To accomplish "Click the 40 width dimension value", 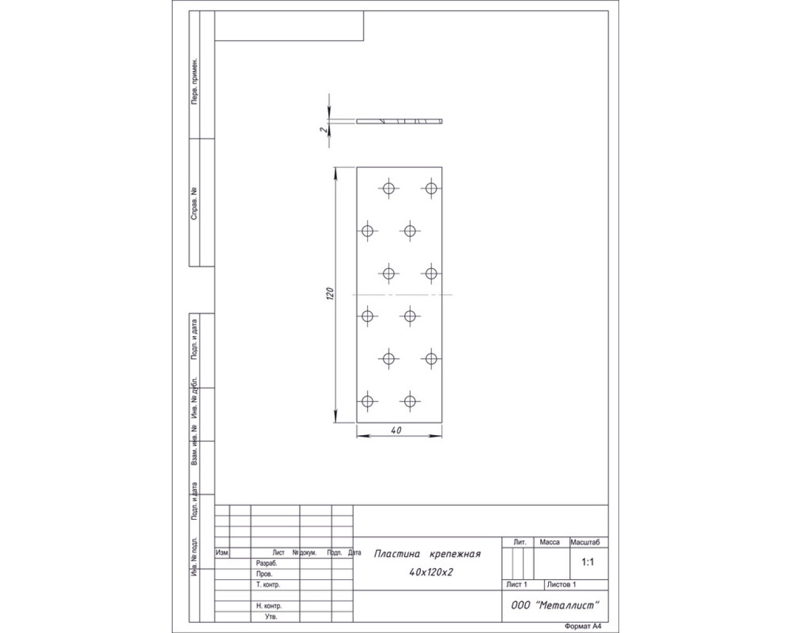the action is coord(396,430).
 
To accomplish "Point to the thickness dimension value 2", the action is coord(323,129).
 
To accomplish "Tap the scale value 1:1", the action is coord(588,562).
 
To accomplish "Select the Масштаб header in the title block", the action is coord(585,542).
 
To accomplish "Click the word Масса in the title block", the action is coord(549,542).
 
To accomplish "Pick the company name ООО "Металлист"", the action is coord(555,605).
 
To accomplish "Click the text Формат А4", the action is coord(583,626).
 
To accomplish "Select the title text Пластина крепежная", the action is coord(428,554).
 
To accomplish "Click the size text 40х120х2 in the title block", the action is coord(431,572).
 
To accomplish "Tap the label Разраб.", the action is coord(266,564).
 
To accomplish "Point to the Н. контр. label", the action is coord(269,606).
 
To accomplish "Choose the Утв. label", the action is coord(271,616).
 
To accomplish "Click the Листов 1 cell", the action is coord(561,584).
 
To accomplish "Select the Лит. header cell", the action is coord(520,542).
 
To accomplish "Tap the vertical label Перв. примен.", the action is coord(193,81).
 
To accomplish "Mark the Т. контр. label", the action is coord(268,584).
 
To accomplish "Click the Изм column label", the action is coord(222,553).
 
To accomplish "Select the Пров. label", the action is coord(264,574).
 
